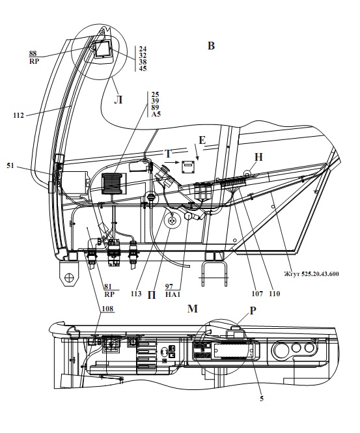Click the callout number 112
pos(19,115)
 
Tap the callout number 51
pos(10,166)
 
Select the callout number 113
pos(136,294)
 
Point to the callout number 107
pos(257,294)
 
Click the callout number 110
pos(275,294)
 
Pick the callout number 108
pos(107,309)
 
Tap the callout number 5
pos(262,398)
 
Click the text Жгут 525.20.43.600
pos(311,274)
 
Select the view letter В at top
pos(211,46)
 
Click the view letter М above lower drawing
pos(193,309)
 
